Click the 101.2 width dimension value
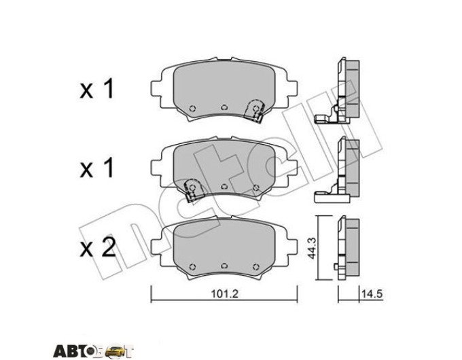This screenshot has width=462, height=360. point(224,294)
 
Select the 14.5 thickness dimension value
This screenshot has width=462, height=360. point(372,293)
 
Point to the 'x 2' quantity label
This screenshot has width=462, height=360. point(98,248)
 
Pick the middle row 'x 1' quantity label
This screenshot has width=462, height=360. point(96,169)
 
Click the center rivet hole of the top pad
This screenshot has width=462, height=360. point(224,107)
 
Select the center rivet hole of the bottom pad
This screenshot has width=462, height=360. point(224,266)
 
